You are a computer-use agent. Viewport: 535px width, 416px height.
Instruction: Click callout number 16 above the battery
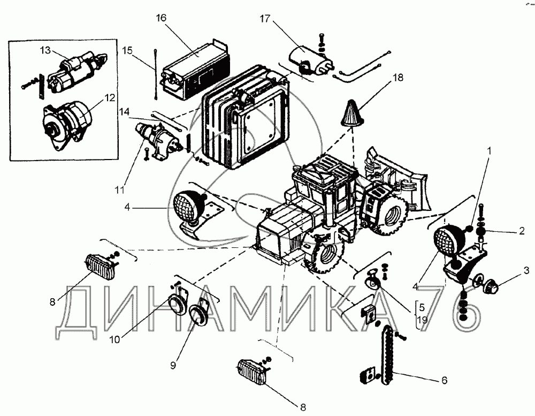click(162, 18)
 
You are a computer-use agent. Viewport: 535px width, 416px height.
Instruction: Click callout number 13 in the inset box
click(44, 51)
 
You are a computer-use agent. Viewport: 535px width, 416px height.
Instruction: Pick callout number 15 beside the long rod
click(127, 50)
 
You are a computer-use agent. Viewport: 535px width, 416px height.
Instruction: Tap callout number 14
click(124, 111)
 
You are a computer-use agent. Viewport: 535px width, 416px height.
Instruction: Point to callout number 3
click(526, 270)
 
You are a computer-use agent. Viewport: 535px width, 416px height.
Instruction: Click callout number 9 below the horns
click(173, 366)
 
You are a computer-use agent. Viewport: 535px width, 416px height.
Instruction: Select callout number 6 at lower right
click(444, 381)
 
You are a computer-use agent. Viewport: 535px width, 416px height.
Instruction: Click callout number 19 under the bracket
click(422, 320)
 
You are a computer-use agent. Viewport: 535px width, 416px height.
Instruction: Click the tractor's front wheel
click(324, 258)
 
